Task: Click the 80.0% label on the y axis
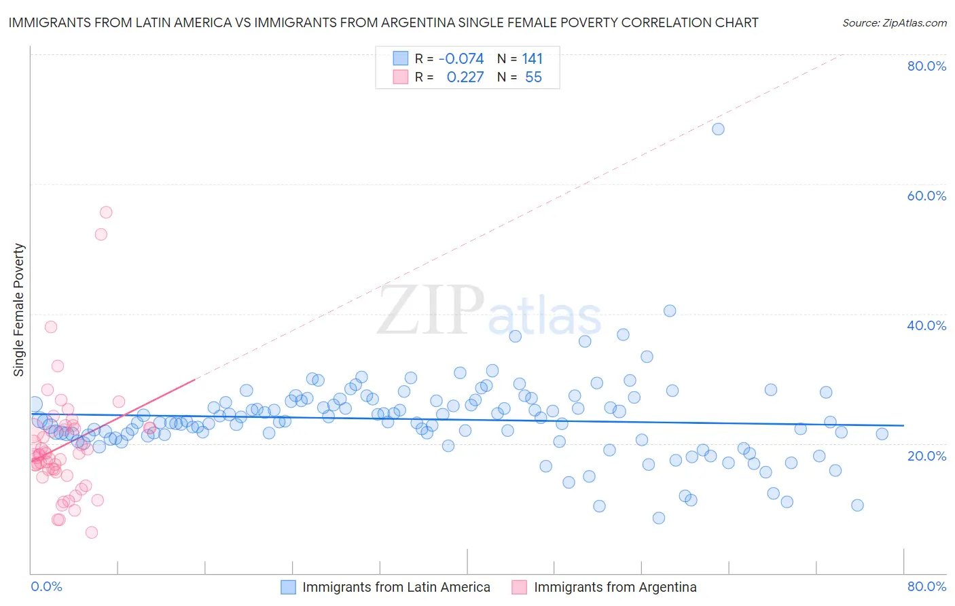click(x=926, y=66)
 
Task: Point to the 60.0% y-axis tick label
click(x=926, y=196)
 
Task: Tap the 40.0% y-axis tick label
click(x=926, y=325)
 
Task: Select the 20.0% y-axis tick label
click(x=926, y=456)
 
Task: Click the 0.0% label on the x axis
click(x=46, y=586)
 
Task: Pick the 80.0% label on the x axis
click(x=926, y=586)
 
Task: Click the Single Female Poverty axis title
click(x=19, y=310)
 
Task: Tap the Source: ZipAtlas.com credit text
click(x=894, y=23)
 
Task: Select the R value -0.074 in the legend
click(x=461, y=59)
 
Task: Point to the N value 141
click(x=533, y=59)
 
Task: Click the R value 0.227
click(x=465, y=77)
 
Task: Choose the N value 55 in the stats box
click(x=533, y=77)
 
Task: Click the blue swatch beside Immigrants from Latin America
click(x=289, y=587)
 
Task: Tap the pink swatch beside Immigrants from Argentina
click(x=520, y=587)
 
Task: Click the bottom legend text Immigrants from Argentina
click(x=615, y=587)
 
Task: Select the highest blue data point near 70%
click(x=718, y=129)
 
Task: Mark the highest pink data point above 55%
click(x=106, y=212)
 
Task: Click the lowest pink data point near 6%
click(x=92, y=532)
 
